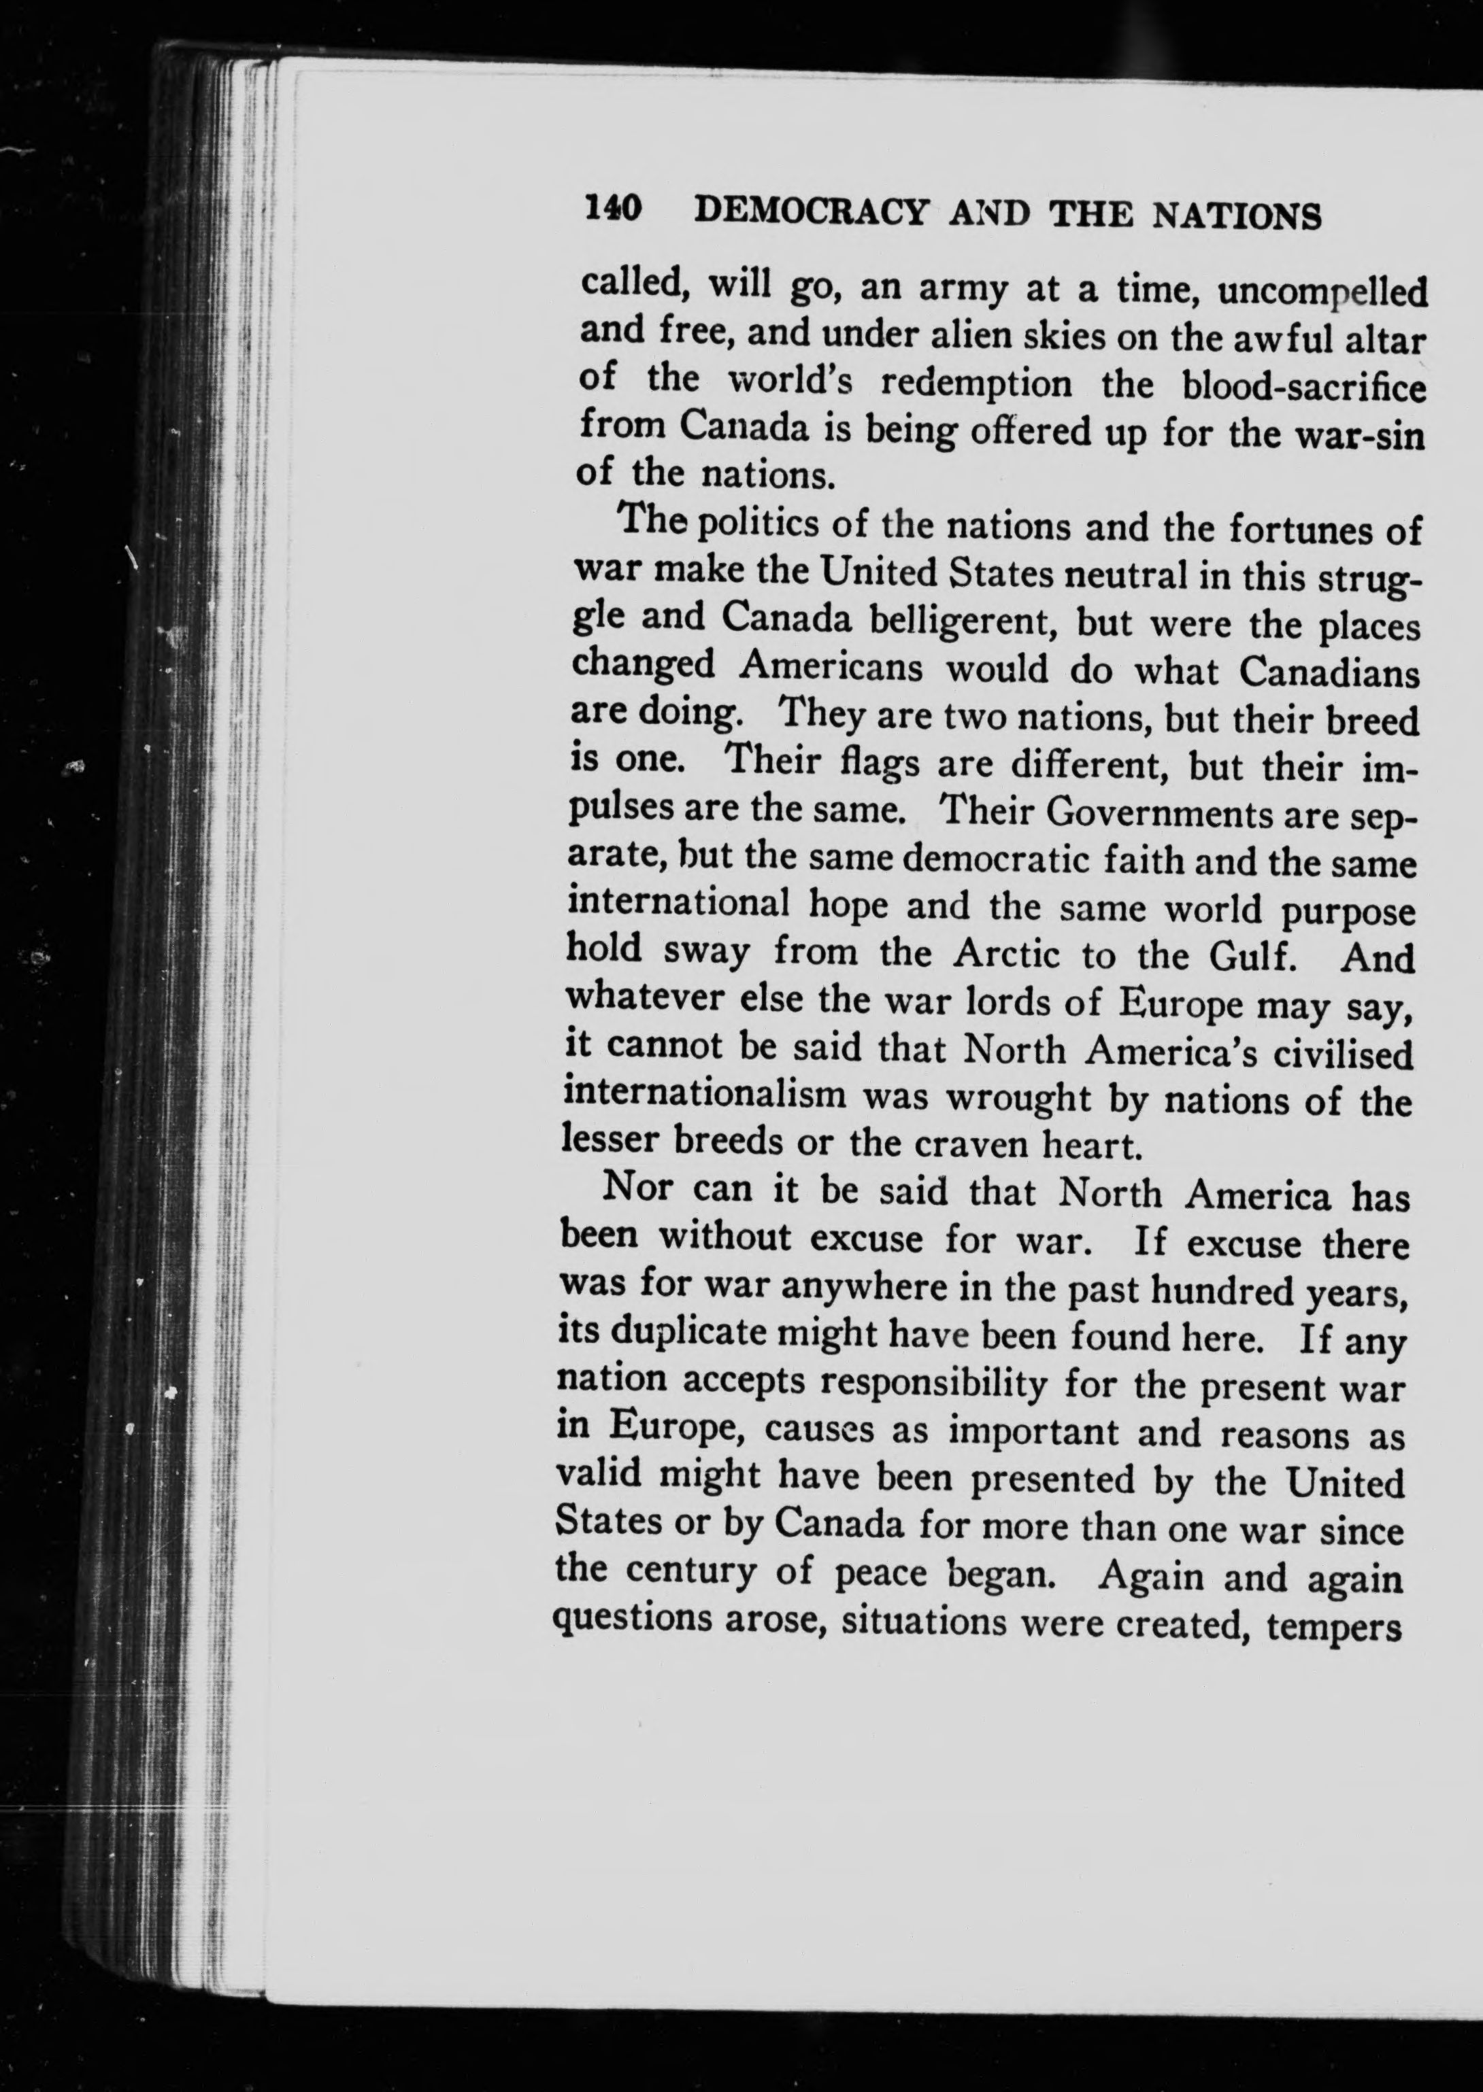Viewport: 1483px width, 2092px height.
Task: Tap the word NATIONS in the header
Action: pyautogui.click(x=1237, y=218)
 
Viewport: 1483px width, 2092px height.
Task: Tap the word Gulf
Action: pyautogui.click(x=1249, y=957)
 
